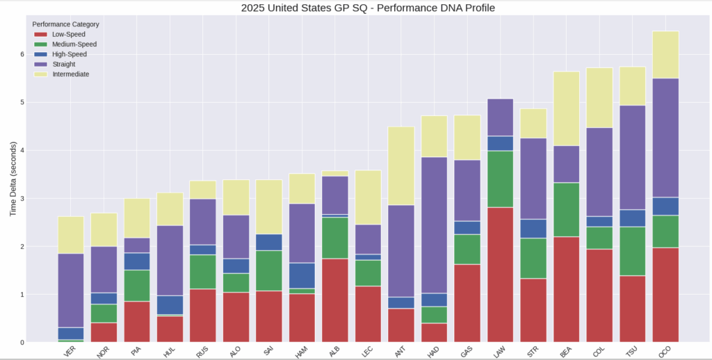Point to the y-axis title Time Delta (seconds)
point(13,177)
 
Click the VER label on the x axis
point(70,353)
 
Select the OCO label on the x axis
point(664,353)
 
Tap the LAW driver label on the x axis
point(499,353)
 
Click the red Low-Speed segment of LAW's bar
point(500,275)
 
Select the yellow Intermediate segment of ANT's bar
point(401,165)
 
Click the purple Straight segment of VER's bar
point(71,290)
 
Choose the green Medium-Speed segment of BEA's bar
point(566,210)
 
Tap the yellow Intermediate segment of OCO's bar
point(665,54)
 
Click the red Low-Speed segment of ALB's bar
point(335,300)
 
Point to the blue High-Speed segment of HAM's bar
point(302,275)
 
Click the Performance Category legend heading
point(65,24)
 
